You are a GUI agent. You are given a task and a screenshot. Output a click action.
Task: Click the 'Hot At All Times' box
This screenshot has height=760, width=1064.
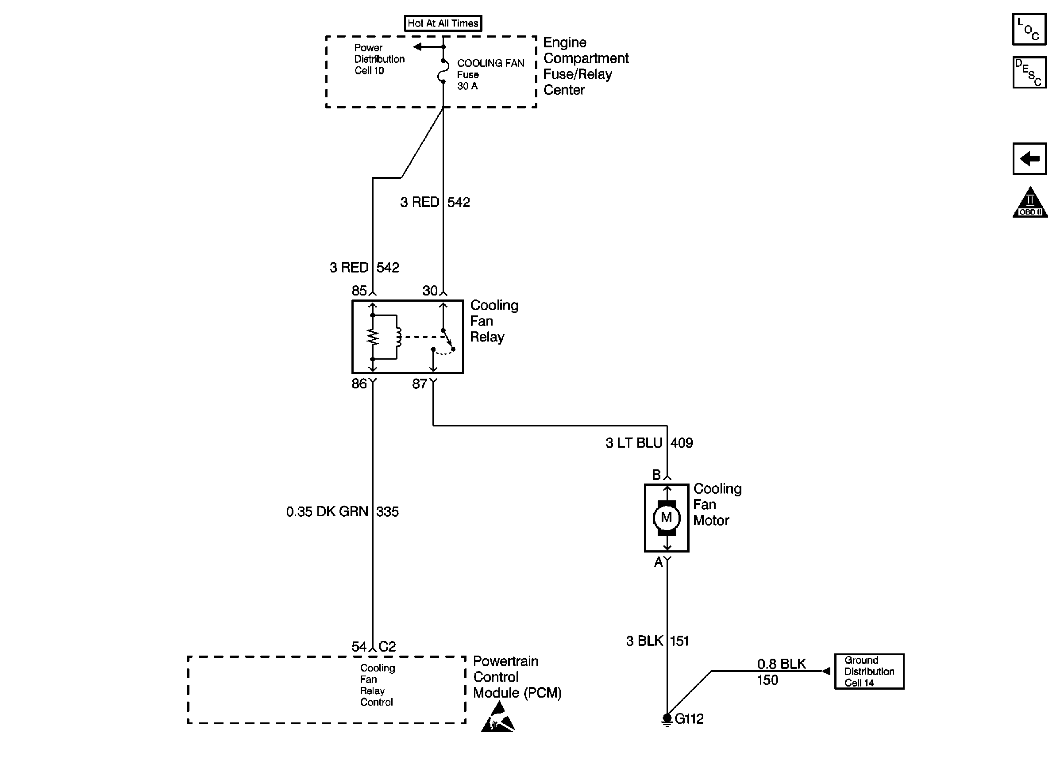[x=443, y=23]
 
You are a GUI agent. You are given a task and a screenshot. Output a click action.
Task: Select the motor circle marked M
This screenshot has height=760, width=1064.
[x=666, y=518]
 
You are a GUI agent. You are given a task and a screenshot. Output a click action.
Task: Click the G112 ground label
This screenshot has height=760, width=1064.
[x=689, y=719]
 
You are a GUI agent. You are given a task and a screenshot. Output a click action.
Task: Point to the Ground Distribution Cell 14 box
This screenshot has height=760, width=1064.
[x=869, y=672]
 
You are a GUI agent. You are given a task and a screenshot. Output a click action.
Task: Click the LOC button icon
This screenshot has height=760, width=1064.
[x=1029, y=29]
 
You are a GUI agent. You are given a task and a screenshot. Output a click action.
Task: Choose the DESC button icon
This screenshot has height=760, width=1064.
[x=1029, y=73]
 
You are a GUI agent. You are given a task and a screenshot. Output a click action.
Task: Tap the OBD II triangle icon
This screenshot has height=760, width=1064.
[x=1030, y=202]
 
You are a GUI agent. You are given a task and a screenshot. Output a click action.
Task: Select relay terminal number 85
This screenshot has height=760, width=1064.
[x=359, y=291]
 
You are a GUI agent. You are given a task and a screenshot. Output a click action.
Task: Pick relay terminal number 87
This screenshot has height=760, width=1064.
[x=420, y=384]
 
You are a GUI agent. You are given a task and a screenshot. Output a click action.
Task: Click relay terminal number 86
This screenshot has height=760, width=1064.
[x=359, y=384]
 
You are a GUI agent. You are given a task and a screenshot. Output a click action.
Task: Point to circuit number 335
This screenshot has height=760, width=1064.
[x=388, y=511]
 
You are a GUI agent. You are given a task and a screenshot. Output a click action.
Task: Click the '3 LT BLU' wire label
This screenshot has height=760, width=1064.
[x=634, y=443]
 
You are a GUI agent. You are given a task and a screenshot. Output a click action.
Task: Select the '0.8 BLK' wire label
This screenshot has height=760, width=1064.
[x=781, y=664]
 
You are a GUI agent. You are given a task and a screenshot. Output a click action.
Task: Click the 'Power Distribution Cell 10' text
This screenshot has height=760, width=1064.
[x=379, y=59]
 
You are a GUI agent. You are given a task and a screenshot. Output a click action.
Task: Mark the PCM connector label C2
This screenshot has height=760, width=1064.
[x=387, y=647]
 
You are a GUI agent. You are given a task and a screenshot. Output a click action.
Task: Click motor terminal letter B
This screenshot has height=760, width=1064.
[x=656, y=475]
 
